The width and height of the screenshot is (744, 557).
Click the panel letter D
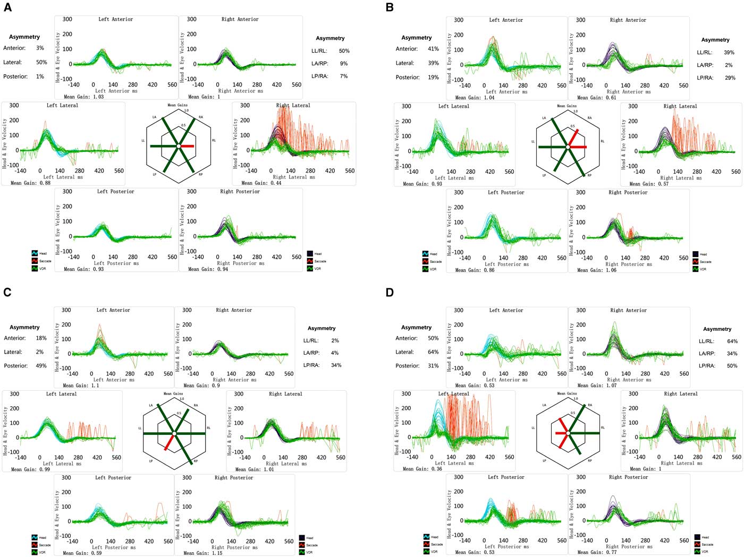[x=390, y=293]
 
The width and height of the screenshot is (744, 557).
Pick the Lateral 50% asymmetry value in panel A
[x=41, y=62]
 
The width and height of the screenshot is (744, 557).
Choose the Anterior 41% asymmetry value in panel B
[x=433, y=49]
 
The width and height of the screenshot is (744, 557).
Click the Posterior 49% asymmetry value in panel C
[x=41, y=366]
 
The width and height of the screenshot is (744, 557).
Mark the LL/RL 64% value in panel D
[x=732, y=341]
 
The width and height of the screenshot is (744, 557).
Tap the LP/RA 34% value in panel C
[x=336, y=365]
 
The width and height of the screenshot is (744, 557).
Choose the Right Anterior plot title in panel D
[x=628, y=311]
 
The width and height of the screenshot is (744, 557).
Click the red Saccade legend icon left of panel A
[x=35, y=261]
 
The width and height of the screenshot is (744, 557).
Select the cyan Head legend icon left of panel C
[x=35, y=538]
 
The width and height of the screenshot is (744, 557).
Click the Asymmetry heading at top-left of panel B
[x=417, y=38]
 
